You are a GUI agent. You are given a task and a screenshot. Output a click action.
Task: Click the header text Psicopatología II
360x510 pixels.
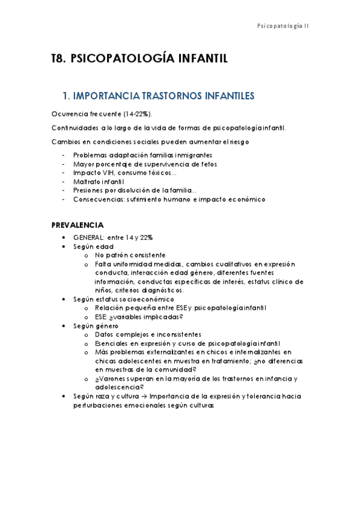tap(282, 26)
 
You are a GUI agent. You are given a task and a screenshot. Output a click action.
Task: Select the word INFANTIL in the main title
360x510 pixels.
tap(203, 59)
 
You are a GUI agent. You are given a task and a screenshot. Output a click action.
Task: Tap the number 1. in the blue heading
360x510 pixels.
tap(66, 96)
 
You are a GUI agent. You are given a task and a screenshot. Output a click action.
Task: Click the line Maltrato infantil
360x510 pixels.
tap(99, 182)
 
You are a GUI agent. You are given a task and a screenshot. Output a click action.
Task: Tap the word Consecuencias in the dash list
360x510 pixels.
tap(97, 199)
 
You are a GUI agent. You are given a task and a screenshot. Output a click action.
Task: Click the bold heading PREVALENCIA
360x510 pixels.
tap(77, 226)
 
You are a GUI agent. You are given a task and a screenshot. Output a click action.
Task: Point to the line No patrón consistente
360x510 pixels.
tap(130, 255)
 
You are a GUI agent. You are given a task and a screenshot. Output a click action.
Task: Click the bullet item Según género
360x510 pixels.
tap(96, 325)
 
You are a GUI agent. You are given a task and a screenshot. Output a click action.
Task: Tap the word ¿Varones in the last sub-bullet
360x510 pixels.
tap(110, 379)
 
